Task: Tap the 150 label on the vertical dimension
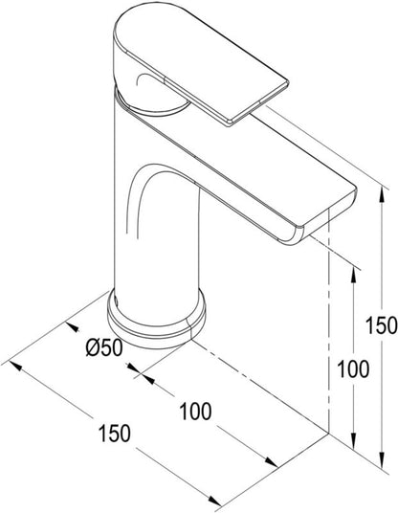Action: click(381, 325)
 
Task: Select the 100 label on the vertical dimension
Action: click(353, 368)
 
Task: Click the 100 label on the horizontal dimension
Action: click(195, 412)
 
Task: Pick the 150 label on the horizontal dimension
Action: click(115, 433)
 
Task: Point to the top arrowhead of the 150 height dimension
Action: click(382, 193)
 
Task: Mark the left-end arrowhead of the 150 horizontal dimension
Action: click(15, 365)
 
